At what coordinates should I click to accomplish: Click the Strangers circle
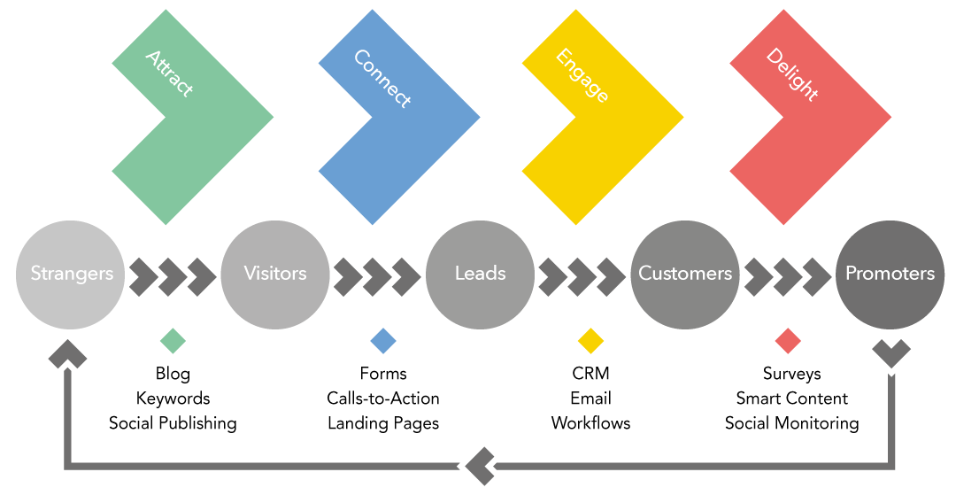[x=71, y=274]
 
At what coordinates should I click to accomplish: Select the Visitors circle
[x=274, y=274]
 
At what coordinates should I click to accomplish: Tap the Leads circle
[x=480, y=274]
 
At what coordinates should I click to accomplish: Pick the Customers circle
[x=685, y=274]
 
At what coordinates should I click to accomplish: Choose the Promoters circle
[x=890, y=274]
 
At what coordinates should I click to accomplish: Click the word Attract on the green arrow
[x=169, y=74]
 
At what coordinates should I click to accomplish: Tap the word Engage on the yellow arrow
[x=582, y=75]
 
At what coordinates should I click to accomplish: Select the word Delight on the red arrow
[x=791, y=74]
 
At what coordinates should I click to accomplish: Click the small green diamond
[x=173, y=341]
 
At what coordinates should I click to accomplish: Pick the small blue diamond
[x=383, y=341]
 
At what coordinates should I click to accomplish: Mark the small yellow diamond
[x=590, y=341]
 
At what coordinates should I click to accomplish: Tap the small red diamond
[x=788, y=341]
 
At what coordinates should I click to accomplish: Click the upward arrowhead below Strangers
[x=67, y=356]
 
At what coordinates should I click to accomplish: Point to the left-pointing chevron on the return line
[x=479, y=466]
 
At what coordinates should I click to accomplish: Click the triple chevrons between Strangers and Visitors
[x=173, y=277]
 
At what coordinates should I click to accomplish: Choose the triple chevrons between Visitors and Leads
[x=377, y=277]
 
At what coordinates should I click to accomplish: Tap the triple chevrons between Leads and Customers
[x=582, y=277]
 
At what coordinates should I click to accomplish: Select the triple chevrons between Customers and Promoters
[x=787, y=277]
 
